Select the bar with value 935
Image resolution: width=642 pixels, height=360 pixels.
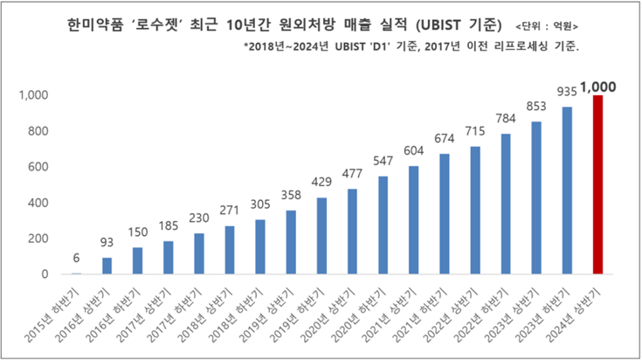pos(567,190)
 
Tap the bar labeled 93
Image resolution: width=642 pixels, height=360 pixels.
pos(107,266)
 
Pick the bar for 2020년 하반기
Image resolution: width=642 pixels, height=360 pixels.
pos(383,225)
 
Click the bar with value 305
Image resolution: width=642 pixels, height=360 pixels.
pos(260,247)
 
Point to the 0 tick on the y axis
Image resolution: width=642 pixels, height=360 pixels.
pos(44,274)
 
